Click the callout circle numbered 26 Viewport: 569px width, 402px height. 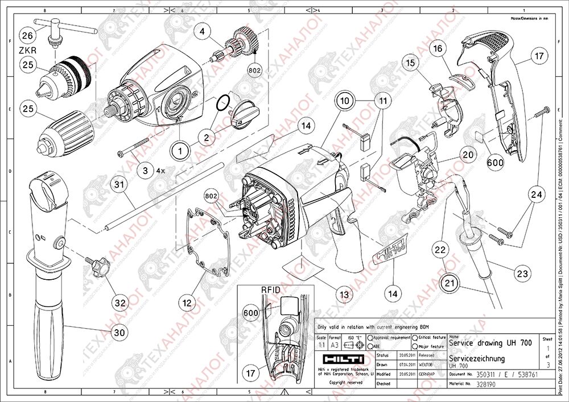tap(27, 35)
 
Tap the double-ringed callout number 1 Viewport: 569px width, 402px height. tap(180, 151)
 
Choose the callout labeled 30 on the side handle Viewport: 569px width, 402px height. tap(118, 332)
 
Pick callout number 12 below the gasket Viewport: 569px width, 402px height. tap(187, 304)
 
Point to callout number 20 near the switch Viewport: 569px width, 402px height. tap(468, 155)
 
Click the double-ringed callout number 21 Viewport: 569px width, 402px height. tap(451, 282)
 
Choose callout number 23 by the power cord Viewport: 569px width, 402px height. tap(522, 273)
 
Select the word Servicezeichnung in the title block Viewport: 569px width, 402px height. tap(476, 359)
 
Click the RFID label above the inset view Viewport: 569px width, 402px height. tap(271, 289)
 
